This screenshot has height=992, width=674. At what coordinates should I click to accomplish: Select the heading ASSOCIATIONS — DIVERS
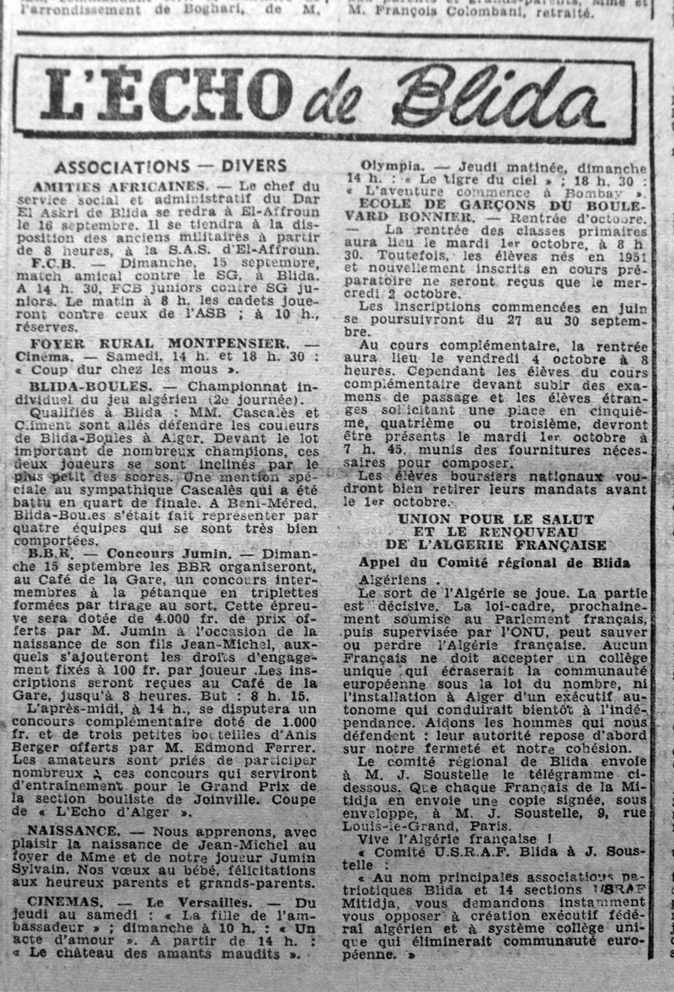point(170,166)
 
